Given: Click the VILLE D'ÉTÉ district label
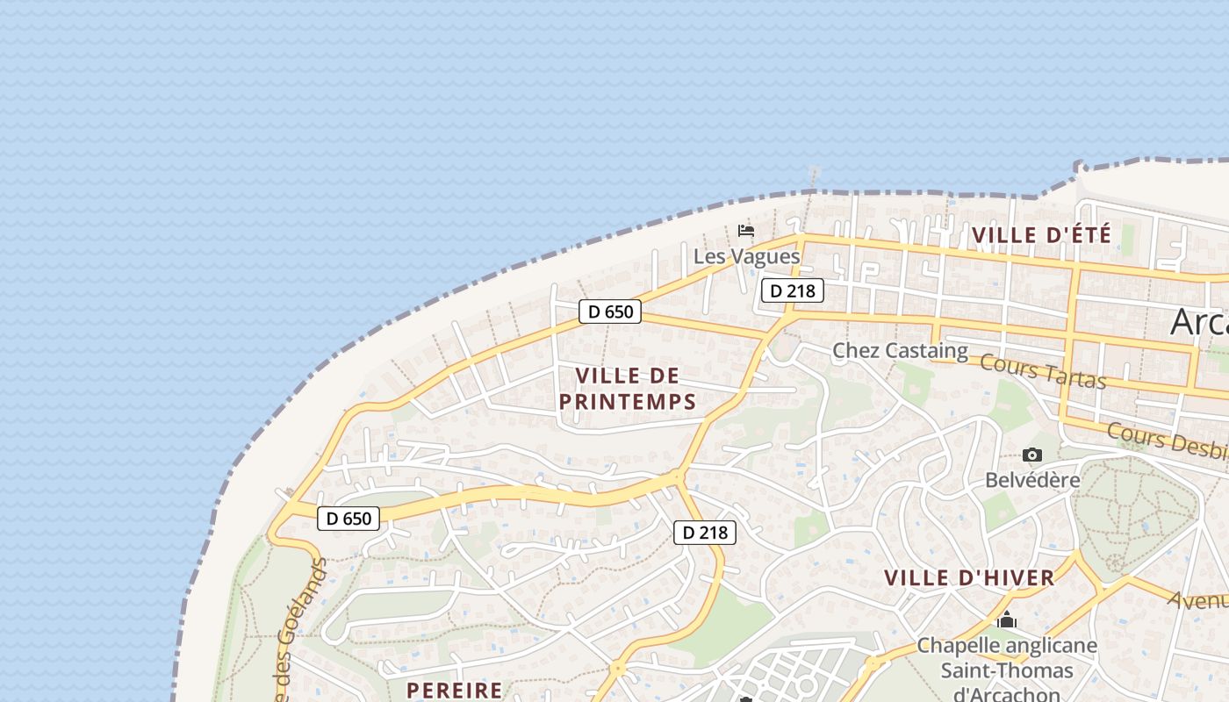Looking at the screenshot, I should tap(1042, 235).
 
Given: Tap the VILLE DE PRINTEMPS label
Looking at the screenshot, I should tap(628, 389).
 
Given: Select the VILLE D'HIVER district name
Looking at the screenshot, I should tap(969, 578).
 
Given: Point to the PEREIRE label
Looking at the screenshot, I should tap(455, 691).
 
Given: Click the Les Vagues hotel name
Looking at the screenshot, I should tap(746, 256).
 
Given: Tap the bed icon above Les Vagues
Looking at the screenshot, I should tap(746, 231).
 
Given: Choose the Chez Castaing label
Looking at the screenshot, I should tap(900, 351).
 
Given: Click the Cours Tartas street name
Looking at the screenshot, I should tap(1042, 370).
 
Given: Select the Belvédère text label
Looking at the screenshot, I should tap(1032, 480).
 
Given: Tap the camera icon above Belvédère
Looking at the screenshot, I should tap(1032, 455).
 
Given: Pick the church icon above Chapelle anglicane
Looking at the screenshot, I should tap(1007, 620).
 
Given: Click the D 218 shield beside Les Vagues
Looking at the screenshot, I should tap(792, 290).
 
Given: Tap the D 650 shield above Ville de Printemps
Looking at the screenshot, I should tap(610, 311).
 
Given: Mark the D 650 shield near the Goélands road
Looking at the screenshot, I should tap(349, 519).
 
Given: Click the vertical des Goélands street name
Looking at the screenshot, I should tap(298, 632).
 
